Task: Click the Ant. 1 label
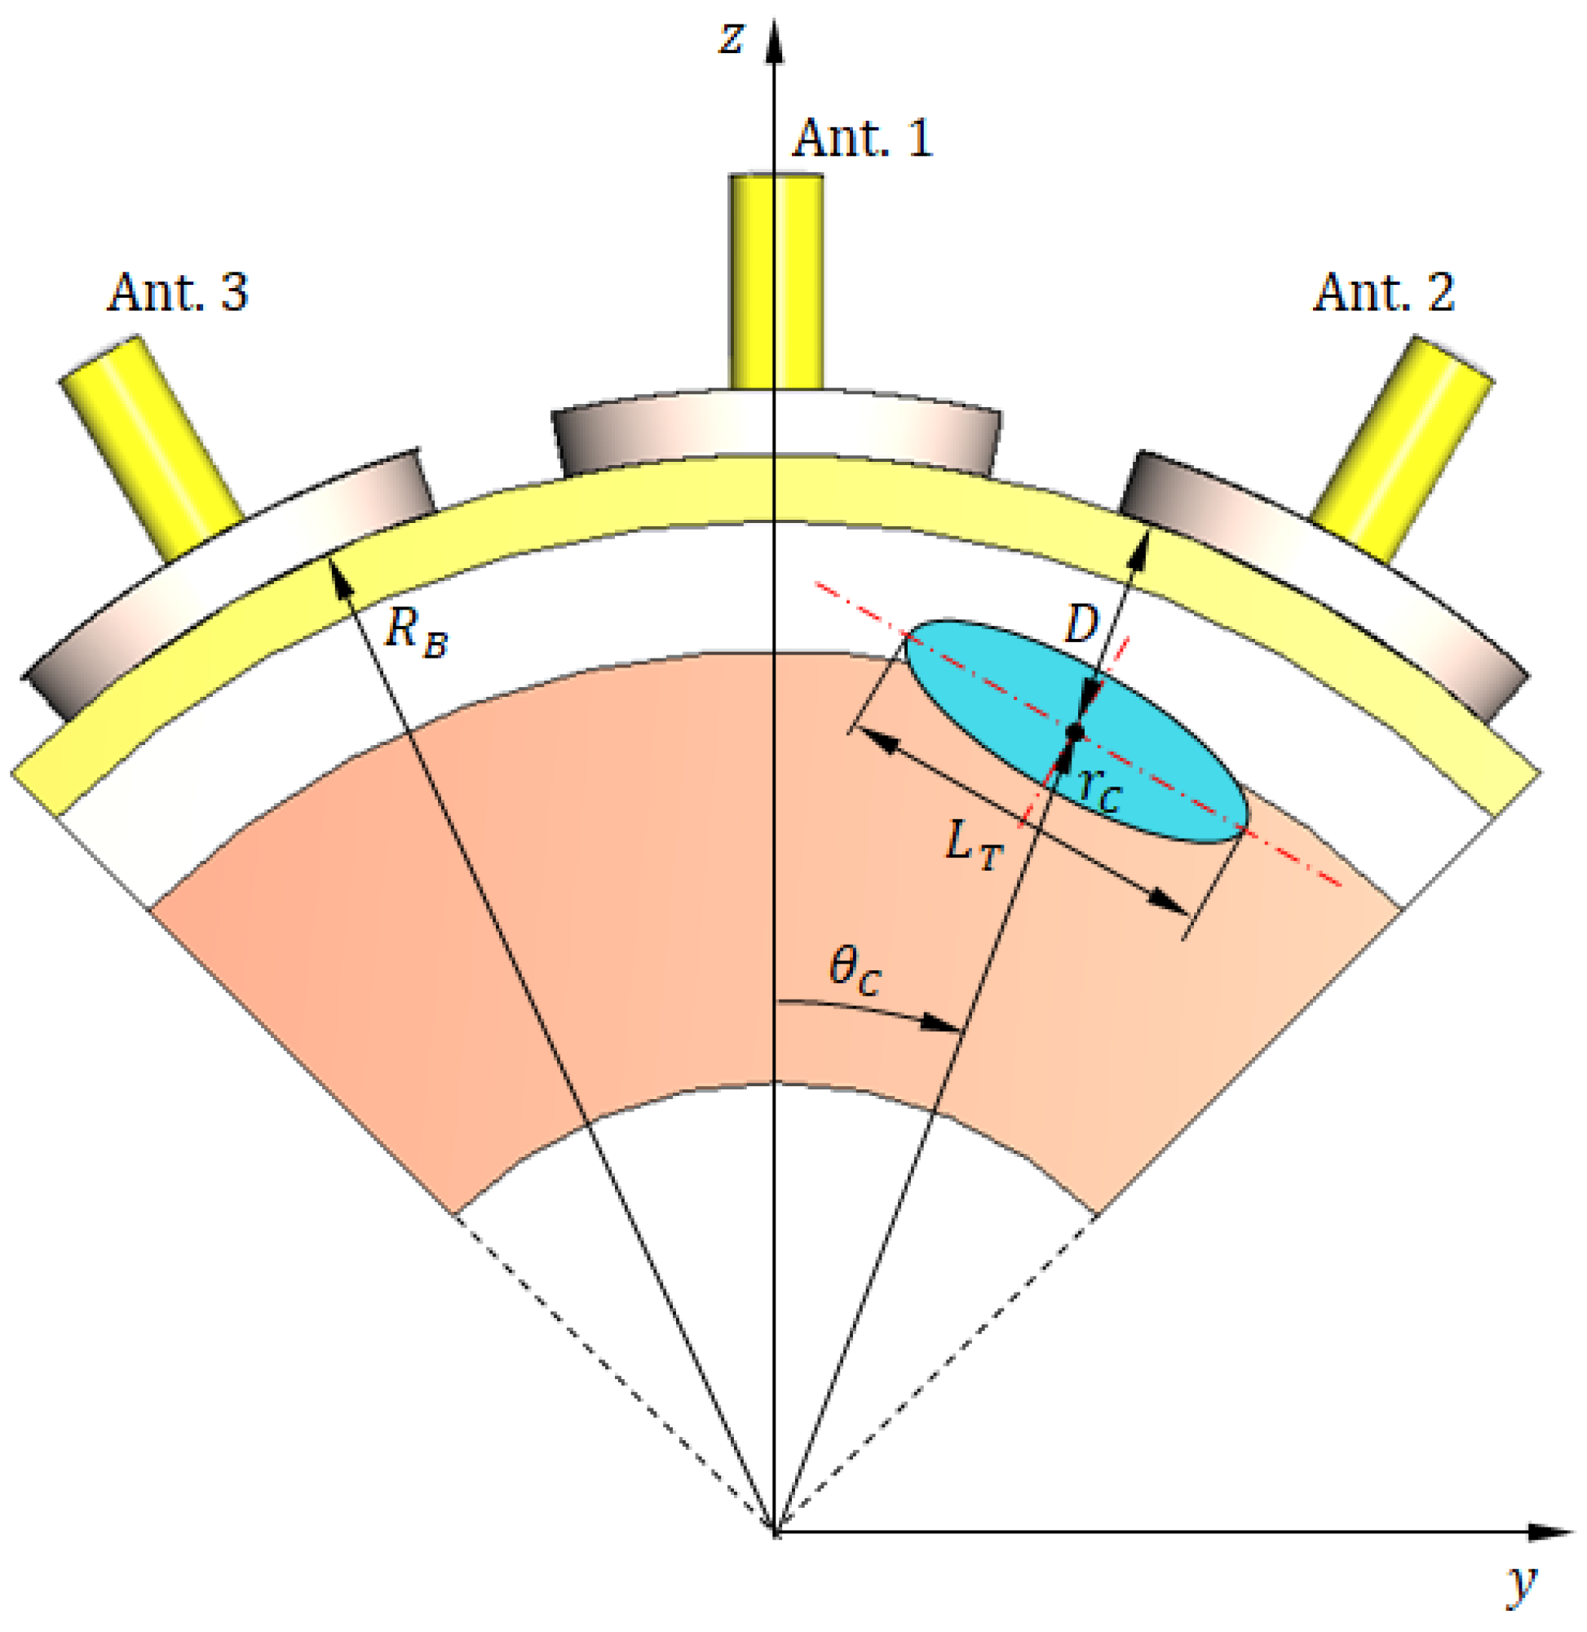coord(862,139)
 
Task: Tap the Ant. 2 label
coord(1384,293)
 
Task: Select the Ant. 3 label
coord(178,293)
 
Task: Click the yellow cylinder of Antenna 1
coord(776,281)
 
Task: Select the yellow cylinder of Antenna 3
coord(150,449)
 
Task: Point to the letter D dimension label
coord(1082,623)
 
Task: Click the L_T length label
coord(974,844)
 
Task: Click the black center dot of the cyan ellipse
coord(1075,732)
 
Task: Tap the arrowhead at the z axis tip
coord(776,42)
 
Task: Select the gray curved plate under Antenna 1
coord(776,432)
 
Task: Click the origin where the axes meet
coord(776,1532)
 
